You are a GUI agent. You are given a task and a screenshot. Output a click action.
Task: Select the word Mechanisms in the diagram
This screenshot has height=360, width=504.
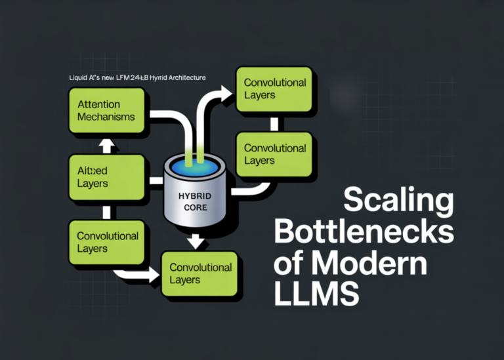click(106, 117)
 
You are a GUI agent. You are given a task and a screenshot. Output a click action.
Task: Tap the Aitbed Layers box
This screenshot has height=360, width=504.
click(106, 177)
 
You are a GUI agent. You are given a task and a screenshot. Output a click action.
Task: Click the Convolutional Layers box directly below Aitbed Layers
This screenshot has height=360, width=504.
click(106, 242)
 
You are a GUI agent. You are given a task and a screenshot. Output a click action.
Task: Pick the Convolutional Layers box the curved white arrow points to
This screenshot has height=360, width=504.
click(275, 89)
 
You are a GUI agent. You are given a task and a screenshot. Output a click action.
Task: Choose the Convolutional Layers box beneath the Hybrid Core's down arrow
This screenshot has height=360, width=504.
click(200, 273)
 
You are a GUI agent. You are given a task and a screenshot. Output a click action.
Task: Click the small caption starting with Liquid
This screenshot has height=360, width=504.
click(137, 77)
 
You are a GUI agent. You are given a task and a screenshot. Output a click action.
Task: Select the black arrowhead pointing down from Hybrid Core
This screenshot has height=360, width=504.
click(195, 242)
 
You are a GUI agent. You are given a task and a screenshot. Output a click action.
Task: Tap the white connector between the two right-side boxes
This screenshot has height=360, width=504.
click(274, 123)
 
